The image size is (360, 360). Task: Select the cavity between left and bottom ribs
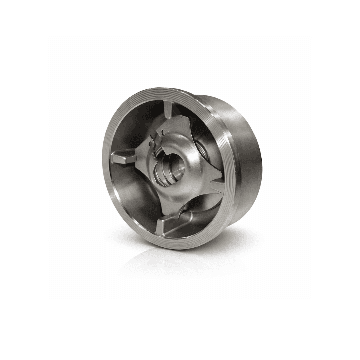[133, 197]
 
